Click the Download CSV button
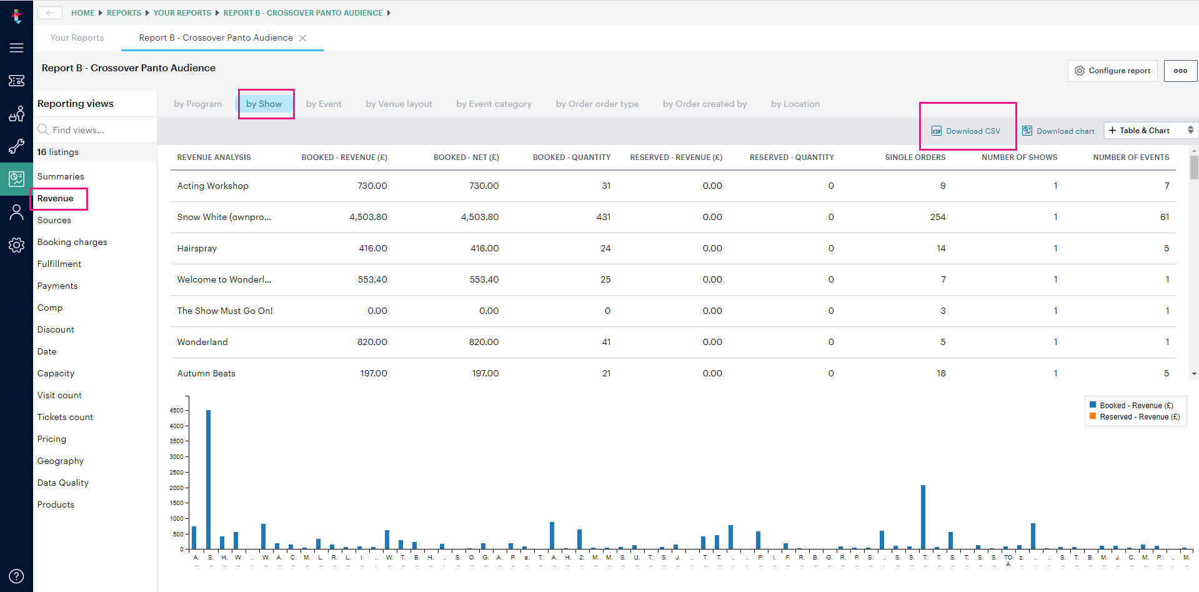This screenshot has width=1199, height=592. pos(967,131)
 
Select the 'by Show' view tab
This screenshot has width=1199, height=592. pos(264,104)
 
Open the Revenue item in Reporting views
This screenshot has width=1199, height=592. pos(56,198)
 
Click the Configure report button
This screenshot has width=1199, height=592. pos(1112,71)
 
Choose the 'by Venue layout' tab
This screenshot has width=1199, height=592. pos(399,104)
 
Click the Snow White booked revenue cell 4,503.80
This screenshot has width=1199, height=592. pos(368,217)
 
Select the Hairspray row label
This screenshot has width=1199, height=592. pos(197,248)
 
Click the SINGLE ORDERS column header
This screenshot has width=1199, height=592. pos(915,158)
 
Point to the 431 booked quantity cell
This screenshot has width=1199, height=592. pos(603,217)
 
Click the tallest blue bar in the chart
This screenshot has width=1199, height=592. pos(208,479)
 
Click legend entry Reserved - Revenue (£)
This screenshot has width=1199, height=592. pos(1139,417)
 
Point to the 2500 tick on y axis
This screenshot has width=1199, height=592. pos(176,472)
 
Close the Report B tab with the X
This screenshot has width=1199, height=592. pos(303,38)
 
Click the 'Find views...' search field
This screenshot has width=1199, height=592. pos(94,130)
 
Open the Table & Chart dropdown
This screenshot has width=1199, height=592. pos(1150,130)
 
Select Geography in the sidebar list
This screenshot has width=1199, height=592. pos(60,461)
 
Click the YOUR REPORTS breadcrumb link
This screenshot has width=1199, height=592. pos(182,13)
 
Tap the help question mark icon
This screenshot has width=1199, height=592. pos(16,576)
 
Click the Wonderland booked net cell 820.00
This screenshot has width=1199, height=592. pos(484,342)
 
